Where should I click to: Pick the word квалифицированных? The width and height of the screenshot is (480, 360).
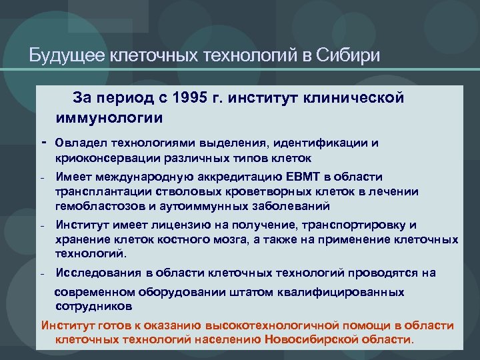pyautogui.click(x=337, y=292)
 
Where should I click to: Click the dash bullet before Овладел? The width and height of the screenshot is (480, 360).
pyautogui.click(x=43, y=143)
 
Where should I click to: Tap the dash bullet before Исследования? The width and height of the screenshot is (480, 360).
pyautogui.click(x=42, y=273)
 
